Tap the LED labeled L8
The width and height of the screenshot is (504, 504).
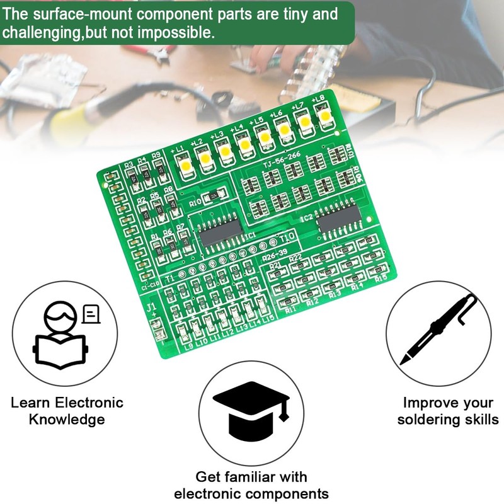point(326,117)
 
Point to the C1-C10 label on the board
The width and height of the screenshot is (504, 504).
point(150,285)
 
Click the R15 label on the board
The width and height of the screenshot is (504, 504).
point(380,278)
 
